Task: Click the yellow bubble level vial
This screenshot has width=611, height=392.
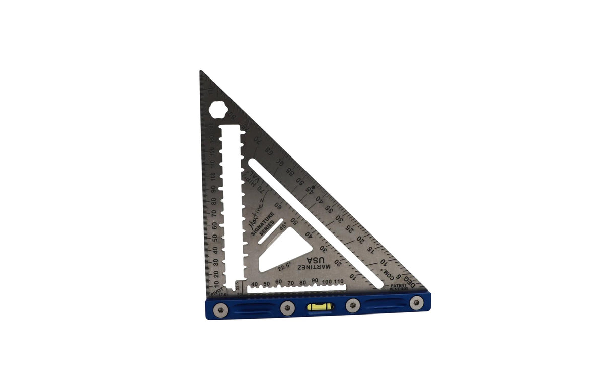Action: [318, 306]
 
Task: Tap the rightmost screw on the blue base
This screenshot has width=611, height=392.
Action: [416, 303]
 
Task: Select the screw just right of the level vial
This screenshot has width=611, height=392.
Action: [353, 304]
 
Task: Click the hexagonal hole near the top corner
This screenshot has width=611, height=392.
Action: [219, 110]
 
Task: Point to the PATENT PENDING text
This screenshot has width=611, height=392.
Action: [399, 287]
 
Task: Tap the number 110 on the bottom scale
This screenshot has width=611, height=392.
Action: [338, 281]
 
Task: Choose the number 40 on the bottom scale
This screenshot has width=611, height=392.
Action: [254, 284]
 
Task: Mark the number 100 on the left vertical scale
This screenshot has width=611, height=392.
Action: [214, 177]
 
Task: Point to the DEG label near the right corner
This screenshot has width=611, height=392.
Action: [410, 283]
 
